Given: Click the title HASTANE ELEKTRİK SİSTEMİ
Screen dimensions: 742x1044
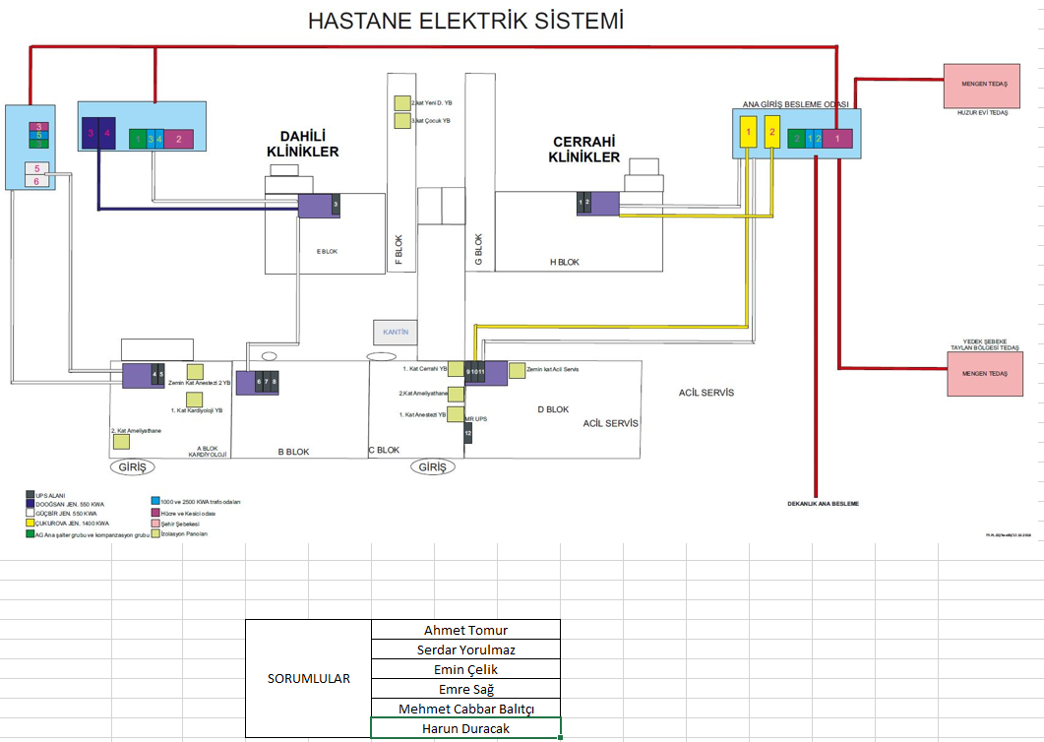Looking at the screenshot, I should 465,21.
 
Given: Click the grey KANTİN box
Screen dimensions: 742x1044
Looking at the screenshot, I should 395,332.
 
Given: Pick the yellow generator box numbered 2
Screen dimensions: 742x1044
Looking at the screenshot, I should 772,133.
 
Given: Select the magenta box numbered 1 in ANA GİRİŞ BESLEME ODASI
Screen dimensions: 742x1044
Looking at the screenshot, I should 837,139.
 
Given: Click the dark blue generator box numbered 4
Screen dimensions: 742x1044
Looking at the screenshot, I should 107,134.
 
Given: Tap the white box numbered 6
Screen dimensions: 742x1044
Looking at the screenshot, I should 36,181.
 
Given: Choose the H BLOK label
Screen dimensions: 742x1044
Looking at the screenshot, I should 564,263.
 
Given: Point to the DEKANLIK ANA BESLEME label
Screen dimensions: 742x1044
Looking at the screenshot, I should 823,504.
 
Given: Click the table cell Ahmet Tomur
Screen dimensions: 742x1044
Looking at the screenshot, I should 465,630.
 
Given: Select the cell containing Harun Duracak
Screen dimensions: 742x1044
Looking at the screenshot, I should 465,728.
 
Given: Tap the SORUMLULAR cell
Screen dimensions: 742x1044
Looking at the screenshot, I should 308,679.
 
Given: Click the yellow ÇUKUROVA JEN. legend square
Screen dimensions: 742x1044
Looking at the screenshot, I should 30,524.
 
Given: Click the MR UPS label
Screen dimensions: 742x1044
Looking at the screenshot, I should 476,418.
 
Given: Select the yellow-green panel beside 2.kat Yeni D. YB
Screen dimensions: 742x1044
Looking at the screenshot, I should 401,102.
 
